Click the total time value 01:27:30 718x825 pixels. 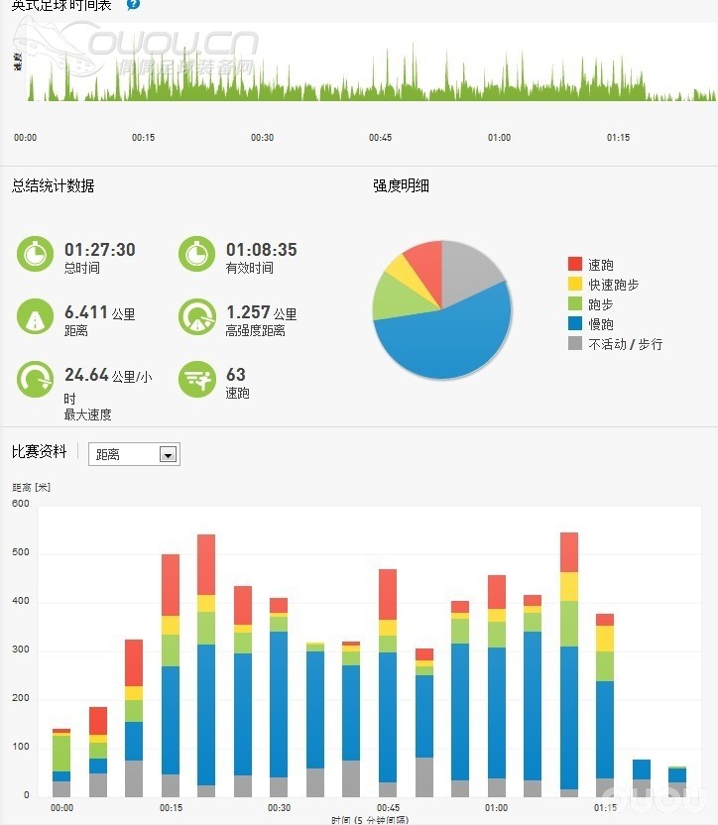point(99,250)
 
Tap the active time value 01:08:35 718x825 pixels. point(261,250)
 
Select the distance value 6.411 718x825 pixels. point(85,312)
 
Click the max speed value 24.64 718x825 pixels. point(85,375)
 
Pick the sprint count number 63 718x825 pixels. point(236,375)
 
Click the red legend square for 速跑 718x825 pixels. point(575,264)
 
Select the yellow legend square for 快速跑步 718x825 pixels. point(575,284)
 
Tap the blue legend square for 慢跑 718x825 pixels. point(575,323)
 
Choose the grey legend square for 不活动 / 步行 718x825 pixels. point(575,343)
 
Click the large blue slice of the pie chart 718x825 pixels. point(446,337)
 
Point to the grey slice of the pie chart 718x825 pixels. point(470,263)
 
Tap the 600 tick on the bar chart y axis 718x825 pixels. point(21,504)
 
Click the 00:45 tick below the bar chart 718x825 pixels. point(388,808)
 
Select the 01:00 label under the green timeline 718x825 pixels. point(499,138)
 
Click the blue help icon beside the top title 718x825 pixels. point(134,4)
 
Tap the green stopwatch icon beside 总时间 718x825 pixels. point(35,254)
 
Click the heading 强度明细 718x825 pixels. point(401,185)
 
